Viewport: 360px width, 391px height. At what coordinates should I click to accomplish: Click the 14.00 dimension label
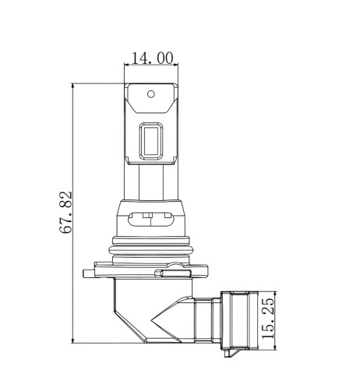pyautogui.click(x=153, y=58)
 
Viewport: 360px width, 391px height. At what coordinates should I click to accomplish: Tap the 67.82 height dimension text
pyautogui.click(x=65, y=213)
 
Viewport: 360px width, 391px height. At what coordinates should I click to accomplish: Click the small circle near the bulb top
pyautogui.click(x=151, y=94)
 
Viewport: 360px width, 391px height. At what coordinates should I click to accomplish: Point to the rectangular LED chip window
pyautogui.click(x=151, y=141)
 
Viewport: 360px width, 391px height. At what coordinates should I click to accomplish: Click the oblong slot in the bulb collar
pyautogui.click(x=151, y=219)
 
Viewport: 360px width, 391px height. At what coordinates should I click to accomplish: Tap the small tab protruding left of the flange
pyautogui.click(x=88, y=273)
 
